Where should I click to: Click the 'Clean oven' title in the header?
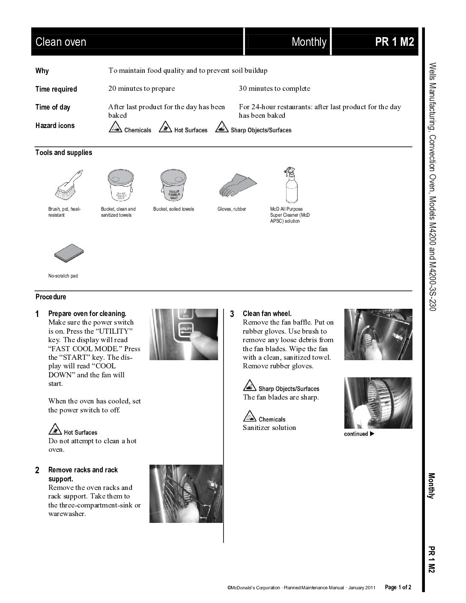61,42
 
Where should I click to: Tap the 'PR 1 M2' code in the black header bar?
394,42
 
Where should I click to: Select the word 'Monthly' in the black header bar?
309,42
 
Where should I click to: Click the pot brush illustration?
69,184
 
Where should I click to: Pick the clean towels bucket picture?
120,185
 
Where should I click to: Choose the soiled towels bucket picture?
173,185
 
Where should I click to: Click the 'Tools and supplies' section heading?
63,152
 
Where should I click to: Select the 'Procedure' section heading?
51,297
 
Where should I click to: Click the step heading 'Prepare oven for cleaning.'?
87,313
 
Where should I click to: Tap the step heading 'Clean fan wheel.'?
267,313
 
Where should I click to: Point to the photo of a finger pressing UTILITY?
183,334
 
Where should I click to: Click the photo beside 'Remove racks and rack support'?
186,493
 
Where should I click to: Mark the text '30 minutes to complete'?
274,89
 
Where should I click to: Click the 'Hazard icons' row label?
55,125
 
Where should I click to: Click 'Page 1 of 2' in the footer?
398,587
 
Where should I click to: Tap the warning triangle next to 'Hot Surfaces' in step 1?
54,429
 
